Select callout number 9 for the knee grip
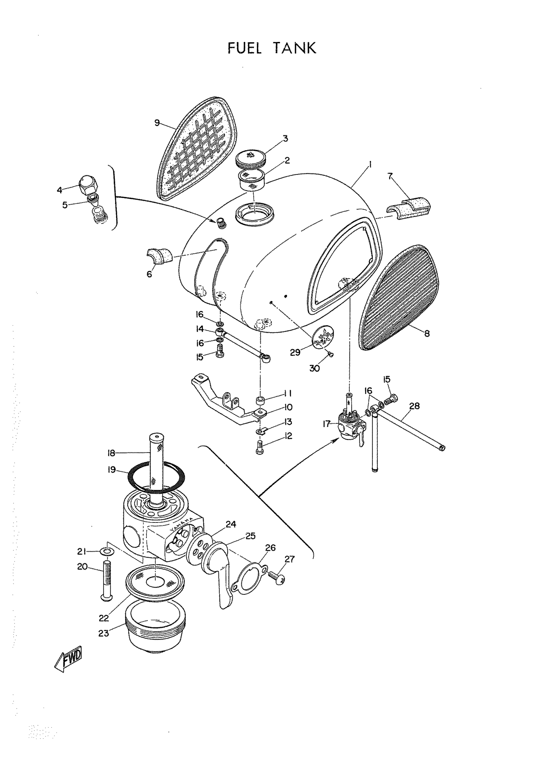pyautogui.click(x=157, y=123)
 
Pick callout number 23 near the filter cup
pyautogui.click(x=103, y=633)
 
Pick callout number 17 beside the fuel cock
pyautogui.click(x=326, y=424)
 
